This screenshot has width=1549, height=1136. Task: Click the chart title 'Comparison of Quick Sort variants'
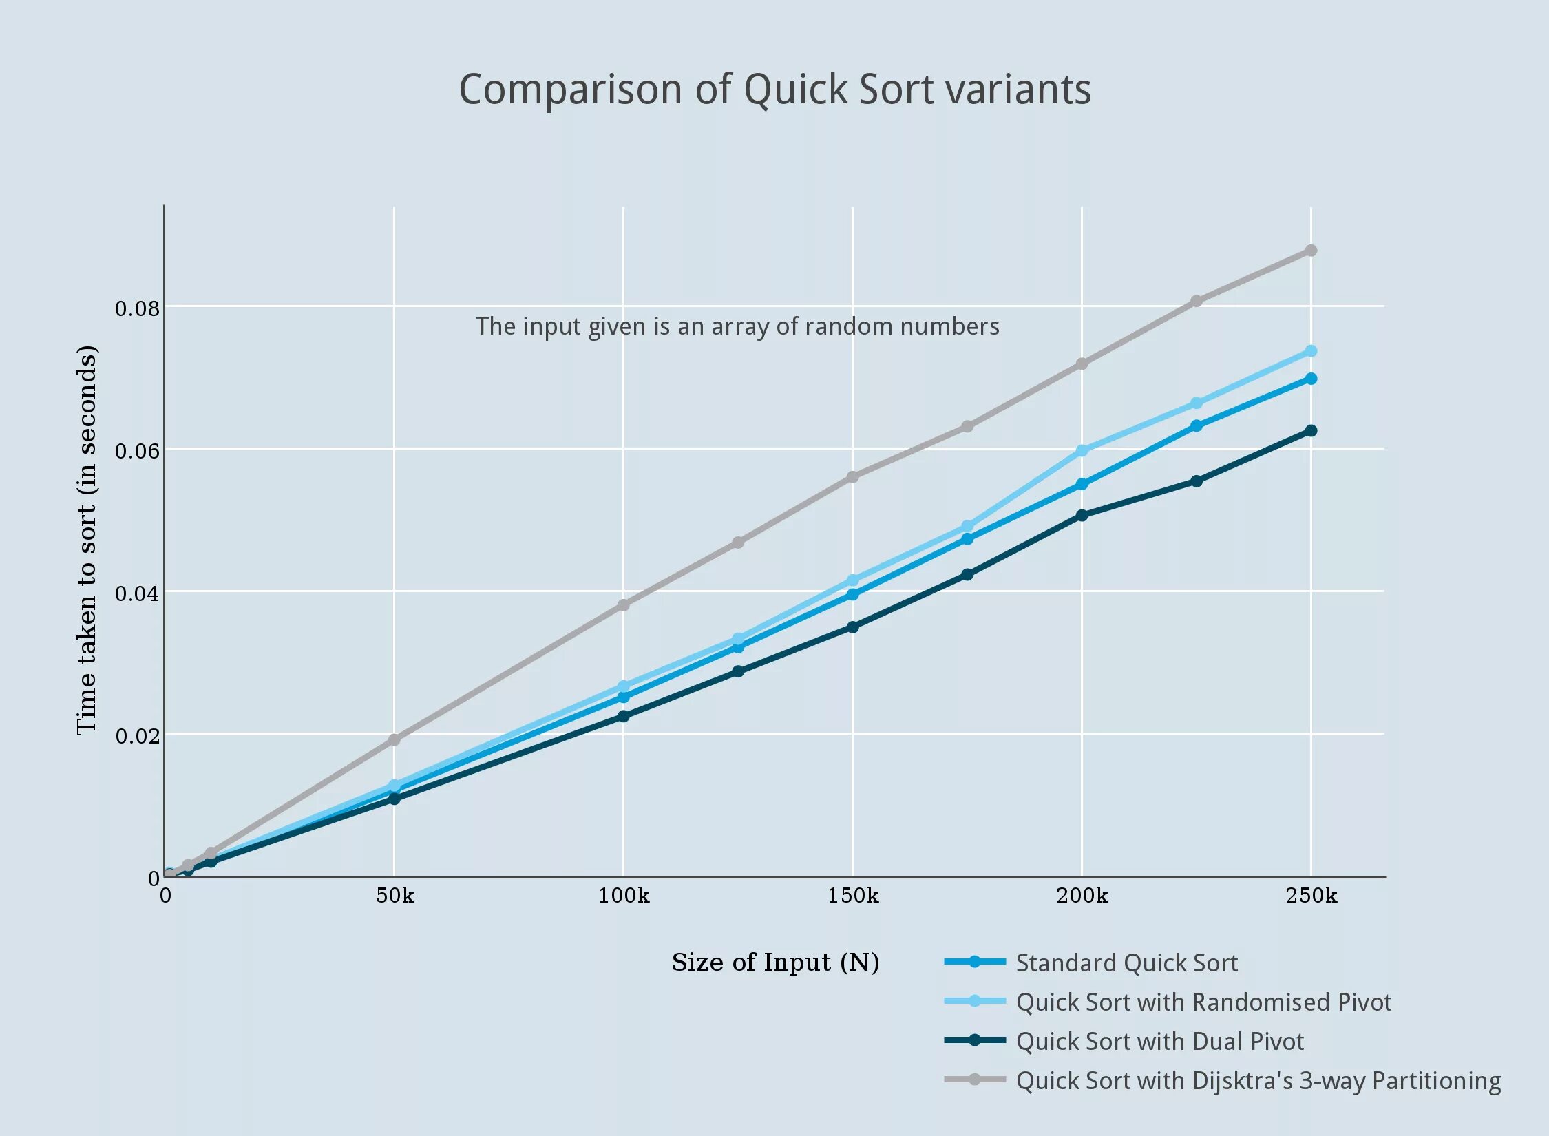tap(775, 90)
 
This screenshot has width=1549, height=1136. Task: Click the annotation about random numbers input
tap(737, 326)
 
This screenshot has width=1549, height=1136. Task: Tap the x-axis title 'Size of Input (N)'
tap(775, 963)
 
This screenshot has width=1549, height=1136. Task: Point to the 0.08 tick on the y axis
tap(137, 308)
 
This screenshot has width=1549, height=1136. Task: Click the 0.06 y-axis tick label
tap(137, 450)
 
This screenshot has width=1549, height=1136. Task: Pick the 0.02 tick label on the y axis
tap(137, 735)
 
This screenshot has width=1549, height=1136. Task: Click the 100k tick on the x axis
tap(624, 895)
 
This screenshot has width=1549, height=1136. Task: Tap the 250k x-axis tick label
tap(1311, 895)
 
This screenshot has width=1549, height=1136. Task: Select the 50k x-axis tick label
tap(395, 895)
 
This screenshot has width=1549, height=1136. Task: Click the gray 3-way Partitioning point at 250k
tap(1311, 251)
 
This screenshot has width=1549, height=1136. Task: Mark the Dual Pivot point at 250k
tap(1311, 431)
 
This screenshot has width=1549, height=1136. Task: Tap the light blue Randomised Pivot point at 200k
tap(1082, 451)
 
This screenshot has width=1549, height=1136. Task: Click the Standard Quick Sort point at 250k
tap(1311, 379)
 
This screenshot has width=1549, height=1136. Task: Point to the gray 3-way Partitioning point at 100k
tap(623, 605)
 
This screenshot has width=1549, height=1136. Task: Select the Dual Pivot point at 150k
tap(852, 627)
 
